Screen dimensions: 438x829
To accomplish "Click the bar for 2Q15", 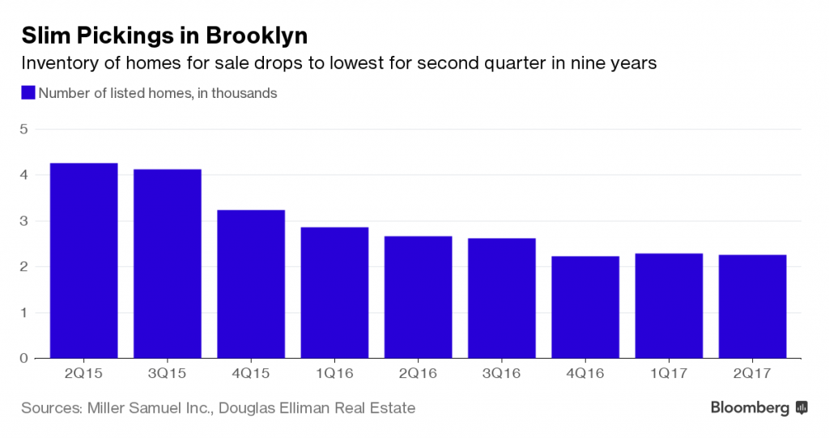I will pos(84,261).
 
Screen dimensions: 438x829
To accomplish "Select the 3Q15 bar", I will pos(168,264).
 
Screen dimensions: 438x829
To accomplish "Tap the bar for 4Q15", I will pos(251,284).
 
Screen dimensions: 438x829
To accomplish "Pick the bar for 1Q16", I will pos(334,292).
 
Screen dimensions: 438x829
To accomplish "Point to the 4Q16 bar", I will pos(585,307).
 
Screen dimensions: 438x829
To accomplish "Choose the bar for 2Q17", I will pos(752,306).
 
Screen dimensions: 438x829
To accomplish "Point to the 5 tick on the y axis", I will pos(23,130).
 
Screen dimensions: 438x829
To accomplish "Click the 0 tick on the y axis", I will pos(23,358).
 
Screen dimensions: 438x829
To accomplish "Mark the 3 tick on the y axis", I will pos(23,221).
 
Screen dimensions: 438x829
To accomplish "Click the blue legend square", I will pos(28,93).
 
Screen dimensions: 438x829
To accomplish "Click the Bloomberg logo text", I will pos(750,408).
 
